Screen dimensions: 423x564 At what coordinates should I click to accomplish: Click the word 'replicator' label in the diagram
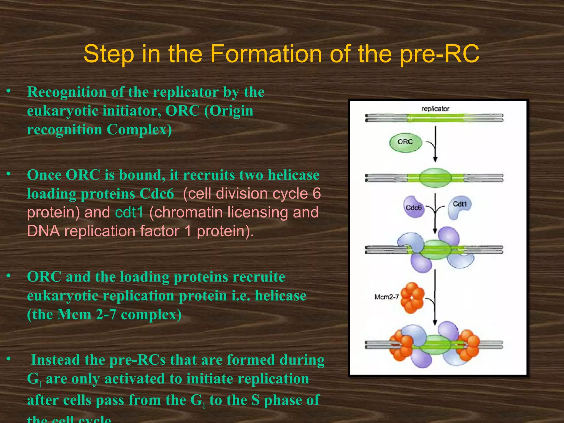[x=435, y=109]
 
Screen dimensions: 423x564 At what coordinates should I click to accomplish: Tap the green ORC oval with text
[x=405, y=142]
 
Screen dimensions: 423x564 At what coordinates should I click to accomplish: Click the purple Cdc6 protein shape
[x=413, y=207]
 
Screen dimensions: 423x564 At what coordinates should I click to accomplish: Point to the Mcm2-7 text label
[x=386, y=297]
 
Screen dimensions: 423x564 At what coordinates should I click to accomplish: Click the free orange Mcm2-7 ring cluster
[x=412, y=298]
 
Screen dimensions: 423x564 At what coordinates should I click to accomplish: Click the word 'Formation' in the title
[x=266, y=54]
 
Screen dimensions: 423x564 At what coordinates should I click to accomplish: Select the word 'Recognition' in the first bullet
[x=67, y=92]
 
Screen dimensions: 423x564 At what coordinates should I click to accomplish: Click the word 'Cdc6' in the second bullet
[x=157, y=194]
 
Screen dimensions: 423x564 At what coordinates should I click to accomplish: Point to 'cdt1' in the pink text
[x=129, y=213]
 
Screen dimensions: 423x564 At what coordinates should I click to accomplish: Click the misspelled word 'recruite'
[x=257, y=277]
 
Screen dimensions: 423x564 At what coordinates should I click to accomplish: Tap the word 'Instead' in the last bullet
[x=56, y=360]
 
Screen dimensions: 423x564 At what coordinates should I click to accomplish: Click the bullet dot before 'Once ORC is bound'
[x=9, y=174]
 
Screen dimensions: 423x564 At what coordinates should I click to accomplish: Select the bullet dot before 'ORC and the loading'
[x=9, y=275]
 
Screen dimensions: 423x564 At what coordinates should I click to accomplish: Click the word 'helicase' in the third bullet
[x=280, y=296]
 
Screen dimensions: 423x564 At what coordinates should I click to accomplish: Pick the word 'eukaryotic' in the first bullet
[x=63, y=111]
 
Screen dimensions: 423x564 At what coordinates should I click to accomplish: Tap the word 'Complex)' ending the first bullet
[x=139, y=130]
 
